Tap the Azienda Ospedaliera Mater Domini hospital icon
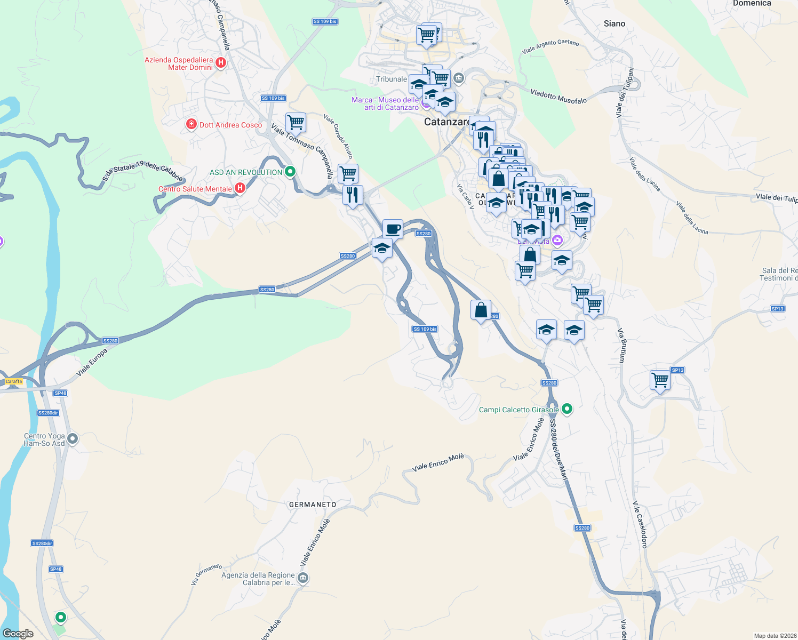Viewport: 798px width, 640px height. pyautogui.click(x=220, y=63)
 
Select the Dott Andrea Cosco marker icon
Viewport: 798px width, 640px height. pyautogui.click(x=191, y=124)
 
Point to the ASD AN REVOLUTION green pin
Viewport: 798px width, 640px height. pyautogui.click(x=290, y=172)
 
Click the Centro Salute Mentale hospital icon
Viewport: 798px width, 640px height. pyautogui.click(x=240, y=188)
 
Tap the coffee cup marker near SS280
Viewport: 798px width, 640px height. pyautogui.click(x=393, y=229)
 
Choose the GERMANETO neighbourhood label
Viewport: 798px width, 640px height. pyautogui.click(x=313, y=504)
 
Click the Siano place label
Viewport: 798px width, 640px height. pyautogui.click(x=615, y=23)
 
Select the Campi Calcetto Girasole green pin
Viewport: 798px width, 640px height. pyautogui.click(x=567, y=409)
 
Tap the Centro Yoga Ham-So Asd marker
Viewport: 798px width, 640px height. pyautogui.click(x=73, y=438)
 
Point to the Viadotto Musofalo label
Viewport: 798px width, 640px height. pyautogui.click(x=558, y=97)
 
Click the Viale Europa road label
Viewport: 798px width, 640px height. pyautogui.click(x=92, y=362)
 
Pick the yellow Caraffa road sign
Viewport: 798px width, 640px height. pyautogui.click(x=14, y=381)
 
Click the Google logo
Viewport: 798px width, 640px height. pyautogui.click(x=18, y=634)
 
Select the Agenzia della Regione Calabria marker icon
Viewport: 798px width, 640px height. pyautogui.click(x=303, y=578)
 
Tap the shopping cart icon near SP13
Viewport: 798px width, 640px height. pyautogui.click(x=660, y=380)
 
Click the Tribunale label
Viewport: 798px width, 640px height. pyautogui.click(x=392, y=79)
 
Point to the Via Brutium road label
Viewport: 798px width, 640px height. pyautogui.click(x=621, y=346)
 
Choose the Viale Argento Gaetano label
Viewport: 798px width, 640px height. pyautogui.click(x=550, y=46)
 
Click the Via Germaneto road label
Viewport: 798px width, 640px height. pyautogui.click(x=206, y=574)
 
